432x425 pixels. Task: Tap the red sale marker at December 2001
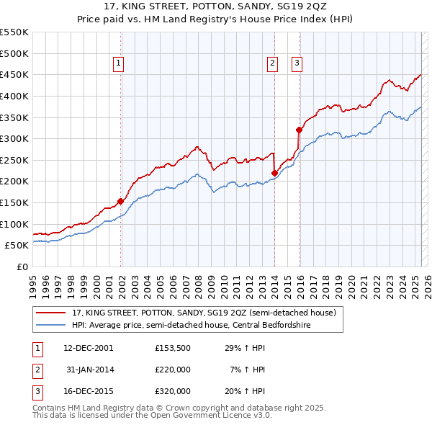120,201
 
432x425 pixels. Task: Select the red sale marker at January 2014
274,173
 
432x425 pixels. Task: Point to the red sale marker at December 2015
299,130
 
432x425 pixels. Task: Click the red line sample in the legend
51,313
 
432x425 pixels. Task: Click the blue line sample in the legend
51,325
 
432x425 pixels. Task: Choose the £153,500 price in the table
172,348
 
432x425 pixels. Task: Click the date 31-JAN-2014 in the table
90,370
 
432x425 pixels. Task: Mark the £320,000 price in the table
172,391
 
